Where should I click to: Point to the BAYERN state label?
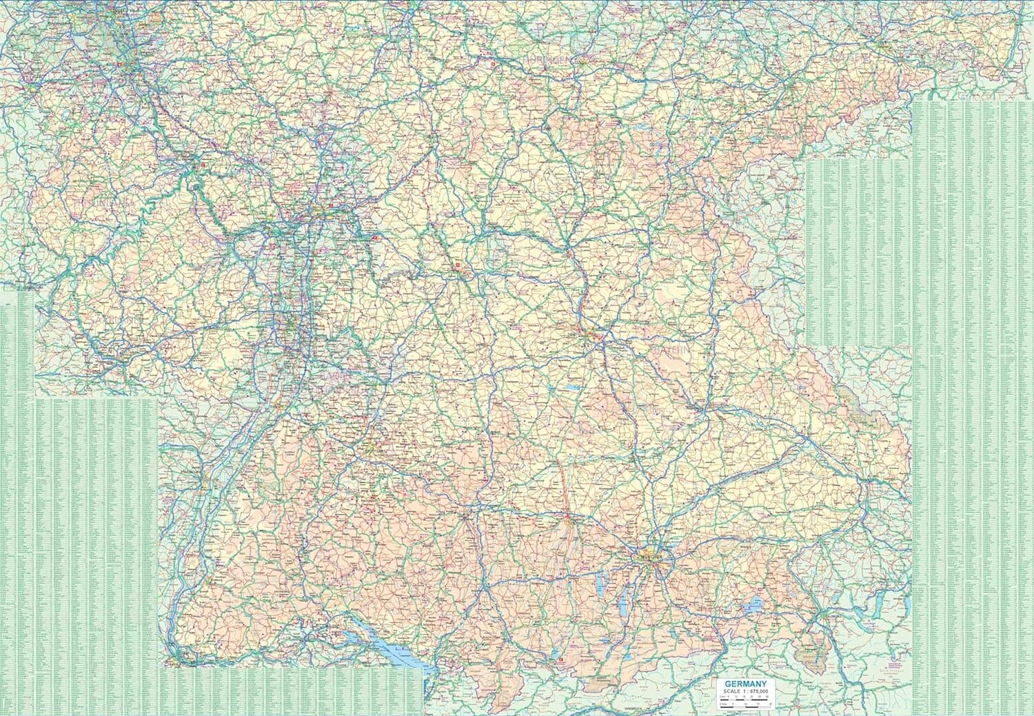[x=669, y=350]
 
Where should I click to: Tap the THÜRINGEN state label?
[x=549, y=61]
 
